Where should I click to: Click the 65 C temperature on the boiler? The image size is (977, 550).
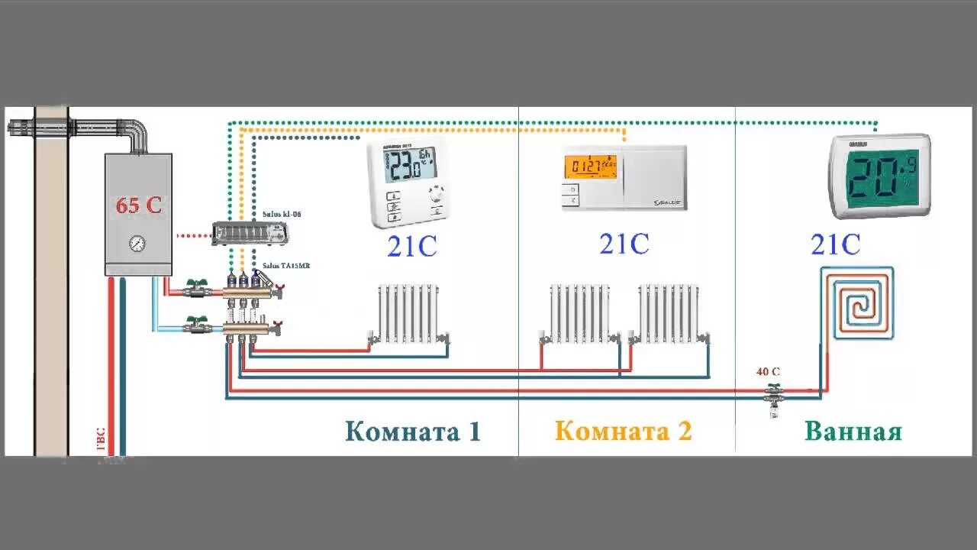point(138,205)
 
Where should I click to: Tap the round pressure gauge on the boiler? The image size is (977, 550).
point(137,244)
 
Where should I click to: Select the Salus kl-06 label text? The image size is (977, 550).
point(281,215)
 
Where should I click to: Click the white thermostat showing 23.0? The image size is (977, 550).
point(409,183)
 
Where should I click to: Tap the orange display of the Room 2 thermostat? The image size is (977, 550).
point(590,167)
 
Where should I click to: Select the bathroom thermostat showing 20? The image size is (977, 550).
point(879,176)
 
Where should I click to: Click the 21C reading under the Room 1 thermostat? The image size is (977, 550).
point(411,247)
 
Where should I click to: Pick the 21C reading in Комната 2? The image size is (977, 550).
point(624,244)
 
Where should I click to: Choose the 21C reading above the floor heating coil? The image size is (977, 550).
point(835,245)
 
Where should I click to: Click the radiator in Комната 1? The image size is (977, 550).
point(410,312)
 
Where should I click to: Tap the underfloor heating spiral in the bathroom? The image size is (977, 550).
point(857,302)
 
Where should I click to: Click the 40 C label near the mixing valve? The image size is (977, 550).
point(768,372)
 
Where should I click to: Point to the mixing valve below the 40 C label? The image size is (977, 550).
point(775,396)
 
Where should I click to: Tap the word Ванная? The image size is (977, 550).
point(853,432)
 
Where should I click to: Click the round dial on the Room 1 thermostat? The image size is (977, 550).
point(437,194)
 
